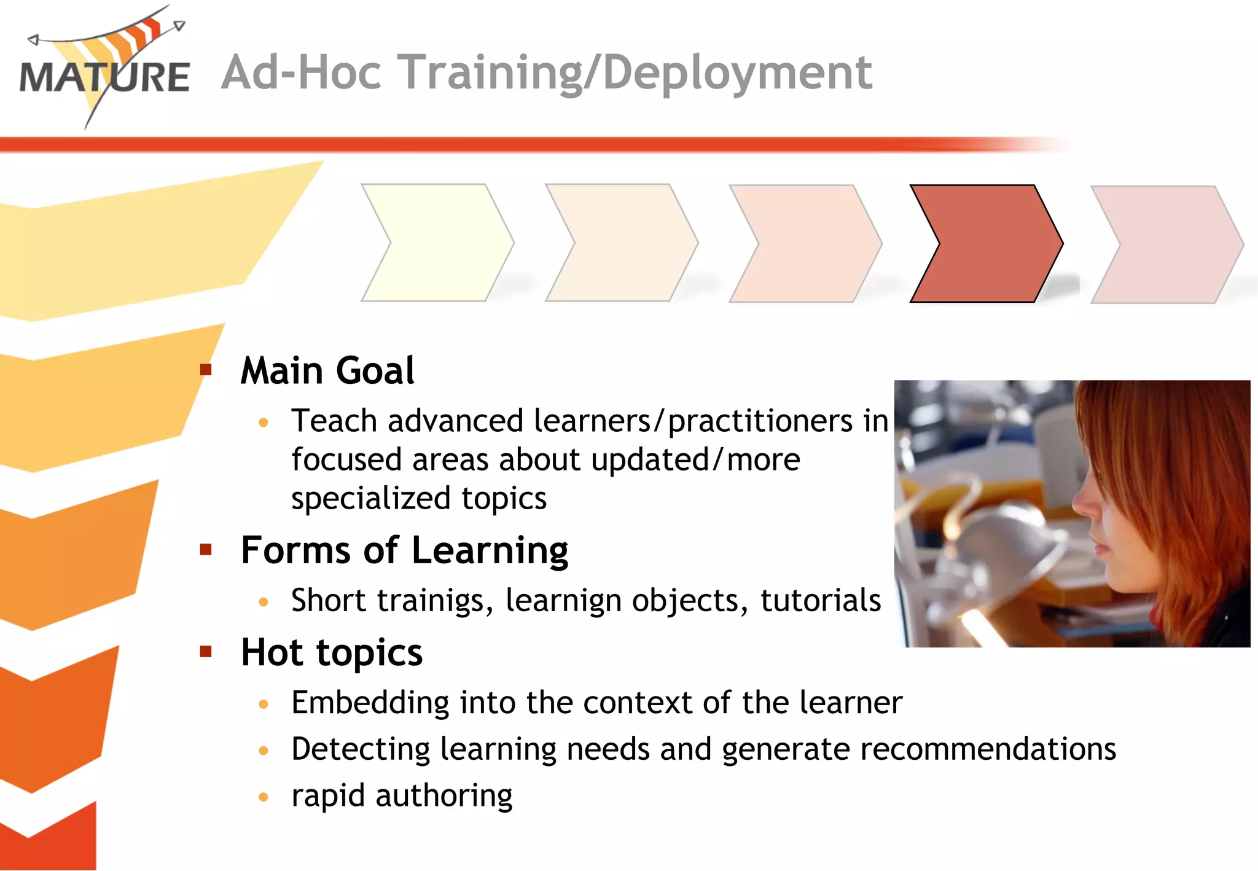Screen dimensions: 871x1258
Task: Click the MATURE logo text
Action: [104, 77]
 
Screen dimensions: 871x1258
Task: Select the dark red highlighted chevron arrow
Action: [986, 243]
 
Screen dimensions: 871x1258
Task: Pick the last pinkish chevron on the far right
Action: [1167, 244]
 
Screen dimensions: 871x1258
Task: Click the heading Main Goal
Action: [327, 371]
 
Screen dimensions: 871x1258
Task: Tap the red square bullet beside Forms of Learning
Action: [206, 549]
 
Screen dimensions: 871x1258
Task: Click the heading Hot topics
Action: [332, 652]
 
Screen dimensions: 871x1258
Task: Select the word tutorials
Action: [820, 600]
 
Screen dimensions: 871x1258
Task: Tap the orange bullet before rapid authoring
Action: [264, 797]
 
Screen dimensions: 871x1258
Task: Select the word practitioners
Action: [760, 421]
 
